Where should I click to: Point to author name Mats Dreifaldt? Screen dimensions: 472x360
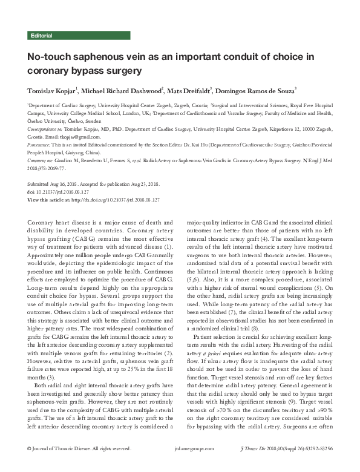coord(188,91)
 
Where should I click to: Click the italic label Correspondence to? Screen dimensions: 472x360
coord(45,129)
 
